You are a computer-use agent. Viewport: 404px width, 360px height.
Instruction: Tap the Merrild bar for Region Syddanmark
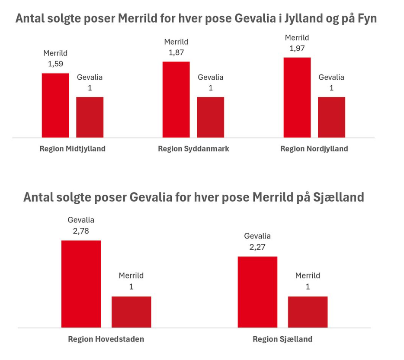[x=176, y=100]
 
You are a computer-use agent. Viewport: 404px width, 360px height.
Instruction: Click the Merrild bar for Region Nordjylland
[x=297, y=97]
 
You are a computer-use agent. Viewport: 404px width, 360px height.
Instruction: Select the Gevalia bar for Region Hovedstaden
[x=81, y=284]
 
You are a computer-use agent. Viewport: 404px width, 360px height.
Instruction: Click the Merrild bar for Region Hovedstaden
[x=131, y=312]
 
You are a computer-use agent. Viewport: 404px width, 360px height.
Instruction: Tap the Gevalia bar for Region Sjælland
[x=257, y=292]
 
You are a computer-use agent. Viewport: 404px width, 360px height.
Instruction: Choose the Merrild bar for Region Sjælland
[x=308, y=312]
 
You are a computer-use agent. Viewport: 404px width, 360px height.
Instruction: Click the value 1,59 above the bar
[x=55, y=64]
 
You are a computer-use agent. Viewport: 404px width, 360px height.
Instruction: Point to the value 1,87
[x=176, y=53]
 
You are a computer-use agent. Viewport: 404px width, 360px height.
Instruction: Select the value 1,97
[x=297, y=48]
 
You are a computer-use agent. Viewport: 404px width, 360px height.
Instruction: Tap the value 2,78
[x=81, y=231]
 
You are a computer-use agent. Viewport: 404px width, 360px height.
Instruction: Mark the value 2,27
[x=257, y=247]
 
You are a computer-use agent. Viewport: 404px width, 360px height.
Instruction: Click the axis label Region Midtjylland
[x=72, y=149]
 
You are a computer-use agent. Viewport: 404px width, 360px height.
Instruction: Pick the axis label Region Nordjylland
[x=314, y=149]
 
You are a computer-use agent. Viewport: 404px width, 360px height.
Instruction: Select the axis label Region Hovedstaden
[x=106, y=339]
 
